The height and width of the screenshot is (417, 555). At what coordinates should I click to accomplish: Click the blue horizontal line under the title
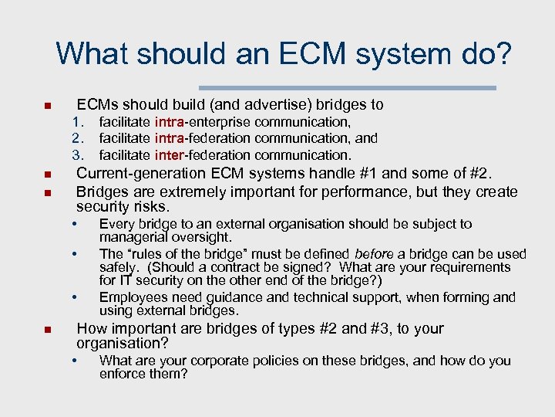coord(348,87)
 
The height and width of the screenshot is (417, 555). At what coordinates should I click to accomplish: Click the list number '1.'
coord(77,122)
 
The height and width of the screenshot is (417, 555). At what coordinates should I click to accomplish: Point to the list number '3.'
coord(77,155)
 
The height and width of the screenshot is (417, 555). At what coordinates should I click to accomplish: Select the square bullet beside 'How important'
coord(48,331)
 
